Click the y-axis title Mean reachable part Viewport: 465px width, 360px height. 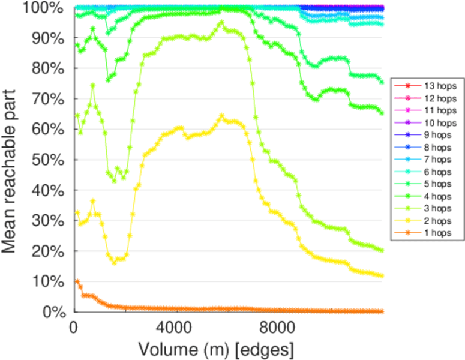13,159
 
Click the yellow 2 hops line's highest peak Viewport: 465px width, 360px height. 221,116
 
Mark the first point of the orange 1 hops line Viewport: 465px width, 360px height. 76,281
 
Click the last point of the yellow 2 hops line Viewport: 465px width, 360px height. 382,275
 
